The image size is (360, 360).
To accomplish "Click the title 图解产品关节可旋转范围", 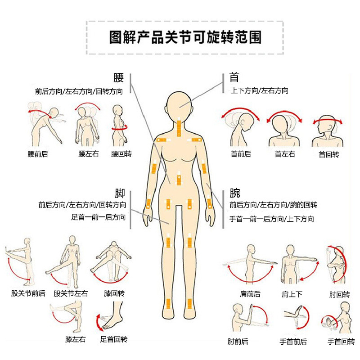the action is (x=185, y=37).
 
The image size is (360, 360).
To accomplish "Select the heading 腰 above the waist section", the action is (x=119, y=77).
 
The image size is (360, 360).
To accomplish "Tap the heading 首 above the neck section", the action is (x=234, y=77).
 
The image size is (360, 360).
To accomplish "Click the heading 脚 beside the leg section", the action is (x=120, y=193).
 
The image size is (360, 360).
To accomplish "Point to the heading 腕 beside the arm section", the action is (x=234, y=193).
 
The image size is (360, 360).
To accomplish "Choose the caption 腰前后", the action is (x=38, y=154).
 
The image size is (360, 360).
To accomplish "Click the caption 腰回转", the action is (x=121, y=153).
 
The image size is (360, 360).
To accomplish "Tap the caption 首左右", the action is (x=285, y=154).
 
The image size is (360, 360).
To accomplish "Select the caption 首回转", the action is (x=329, y=154).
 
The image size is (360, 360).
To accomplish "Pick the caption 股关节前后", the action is (x=28, y=293).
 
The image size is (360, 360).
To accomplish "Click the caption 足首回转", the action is (x=114, y=339).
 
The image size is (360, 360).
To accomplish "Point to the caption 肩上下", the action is (x=292, y=294).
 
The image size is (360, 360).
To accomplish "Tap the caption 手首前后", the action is (x=293, y=342).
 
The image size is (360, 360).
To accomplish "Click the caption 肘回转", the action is (x=340, y=294).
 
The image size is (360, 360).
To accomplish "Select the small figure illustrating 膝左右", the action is (x=69, y=317).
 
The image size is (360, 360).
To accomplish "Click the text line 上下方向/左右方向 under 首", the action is (x=260, y=91).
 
